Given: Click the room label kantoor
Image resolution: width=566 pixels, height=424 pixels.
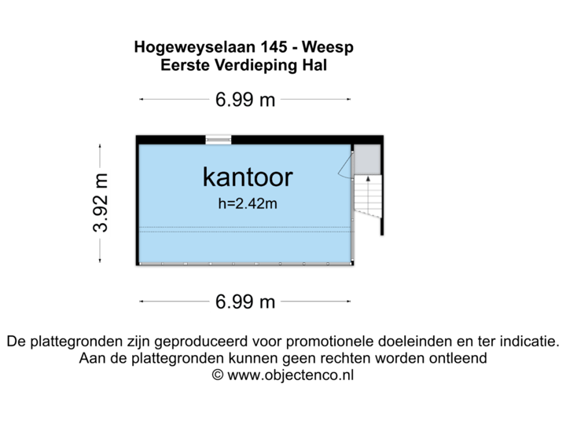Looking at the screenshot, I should click(x=247, y=177).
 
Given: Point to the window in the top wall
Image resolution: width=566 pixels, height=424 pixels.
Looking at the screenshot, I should click(x=219, y=139).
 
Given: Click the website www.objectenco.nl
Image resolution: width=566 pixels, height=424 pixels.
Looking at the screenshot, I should click(x=291, y=376).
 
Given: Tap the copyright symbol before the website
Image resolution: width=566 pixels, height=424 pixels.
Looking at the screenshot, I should click(x=218, y=376).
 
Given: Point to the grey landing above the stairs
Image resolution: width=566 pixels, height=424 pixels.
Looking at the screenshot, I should click(x=366, y=159).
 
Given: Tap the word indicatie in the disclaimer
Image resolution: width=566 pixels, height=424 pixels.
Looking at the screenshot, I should click(x=527, y=342).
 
